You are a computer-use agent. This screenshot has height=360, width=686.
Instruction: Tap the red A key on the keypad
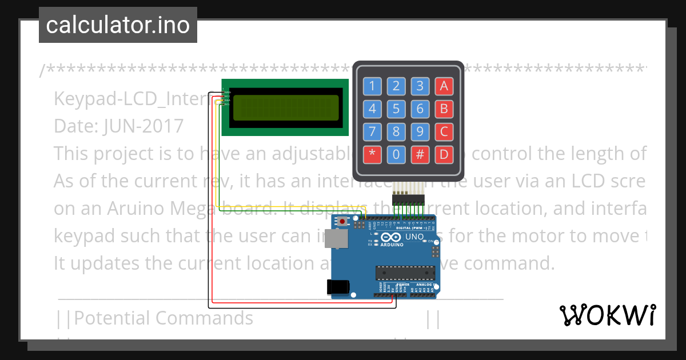pos(444,86)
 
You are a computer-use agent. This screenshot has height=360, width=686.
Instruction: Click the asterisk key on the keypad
pos(372,154)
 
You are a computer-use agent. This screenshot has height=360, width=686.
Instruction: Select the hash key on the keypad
pos(420,154)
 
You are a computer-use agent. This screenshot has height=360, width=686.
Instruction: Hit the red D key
pos(444,154)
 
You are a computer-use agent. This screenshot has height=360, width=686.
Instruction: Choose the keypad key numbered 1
pos(372,86)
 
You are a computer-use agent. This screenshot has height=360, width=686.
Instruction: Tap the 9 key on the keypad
pos(420,132)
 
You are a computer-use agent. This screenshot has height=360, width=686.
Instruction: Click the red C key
pos(444,132)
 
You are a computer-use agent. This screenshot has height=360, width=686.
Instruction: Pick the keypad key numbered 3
pos(420,86)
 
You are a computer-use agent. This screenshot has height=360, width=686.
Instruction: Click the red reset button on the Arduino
pos(342,221)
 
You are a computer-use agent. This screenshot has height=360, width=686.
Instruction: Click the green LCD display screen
pos(284,107)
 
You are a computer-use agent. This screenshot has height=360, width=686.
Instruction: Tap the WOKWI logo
pos(607,315)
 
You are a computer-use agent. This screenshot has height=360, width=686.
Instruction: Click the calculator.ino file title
pos(118,25)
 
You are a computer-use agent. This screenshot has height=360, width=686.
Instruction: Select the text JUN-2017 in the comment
pos(143,126)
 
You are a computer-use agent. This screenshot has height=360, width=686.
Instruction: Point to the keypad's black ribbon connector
pos(408,199)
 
